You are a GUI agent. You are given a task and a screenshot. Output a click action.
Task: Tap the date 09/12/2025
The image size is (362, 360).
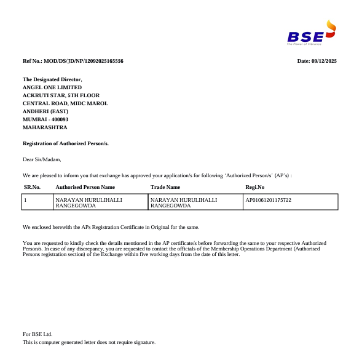[325, 61]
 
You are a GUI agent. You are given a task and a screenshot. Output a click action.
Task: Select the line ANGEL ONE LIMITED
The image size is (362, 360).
[52, 87]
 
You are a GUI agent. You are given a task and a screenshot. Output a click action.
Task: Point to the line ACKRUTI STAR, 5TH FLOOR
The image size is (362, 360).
[61, 95]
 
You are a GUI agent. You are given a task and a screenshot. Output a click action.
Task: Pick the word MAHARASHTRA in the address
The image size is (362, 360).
[45, 127]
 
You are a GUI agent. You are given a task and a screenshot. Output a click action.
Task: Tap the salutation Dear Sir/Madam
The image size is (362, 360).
[42, 159]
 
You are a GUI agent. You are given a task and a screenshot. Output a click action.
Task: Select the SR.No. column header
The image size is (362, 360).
[32, 187]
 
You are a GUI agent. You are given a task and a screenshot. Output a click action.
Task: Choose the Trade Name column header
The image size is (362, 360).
[165, 187]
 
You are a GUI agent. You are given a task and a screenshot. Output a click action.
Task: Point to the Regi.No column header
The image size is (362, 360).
[255, 187]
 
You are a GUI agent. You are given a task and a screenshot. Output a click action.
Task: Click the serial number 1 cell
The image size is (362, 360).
[25, 200]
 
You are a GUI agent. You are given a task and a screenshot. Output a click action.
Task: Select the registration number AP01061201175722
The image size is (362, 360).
[268, 200]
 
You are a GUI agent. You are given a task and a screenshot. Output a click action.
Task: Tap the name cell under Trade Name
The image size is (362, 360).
[184, 202]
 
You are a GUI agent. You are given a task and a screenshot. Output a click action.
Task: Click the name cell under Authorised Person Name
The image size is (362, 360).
[89, 202]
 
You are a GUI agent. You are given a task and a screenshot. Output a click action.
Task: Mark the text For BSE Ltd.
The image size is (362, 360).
[37, 334]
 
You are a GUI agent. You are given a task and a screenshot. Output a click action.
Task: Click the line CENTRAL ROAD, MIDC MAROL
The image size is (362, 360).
[65, 103]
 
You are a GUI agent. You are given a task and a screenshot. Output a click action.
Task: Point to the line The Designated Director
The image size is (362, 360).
[52, 79]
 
